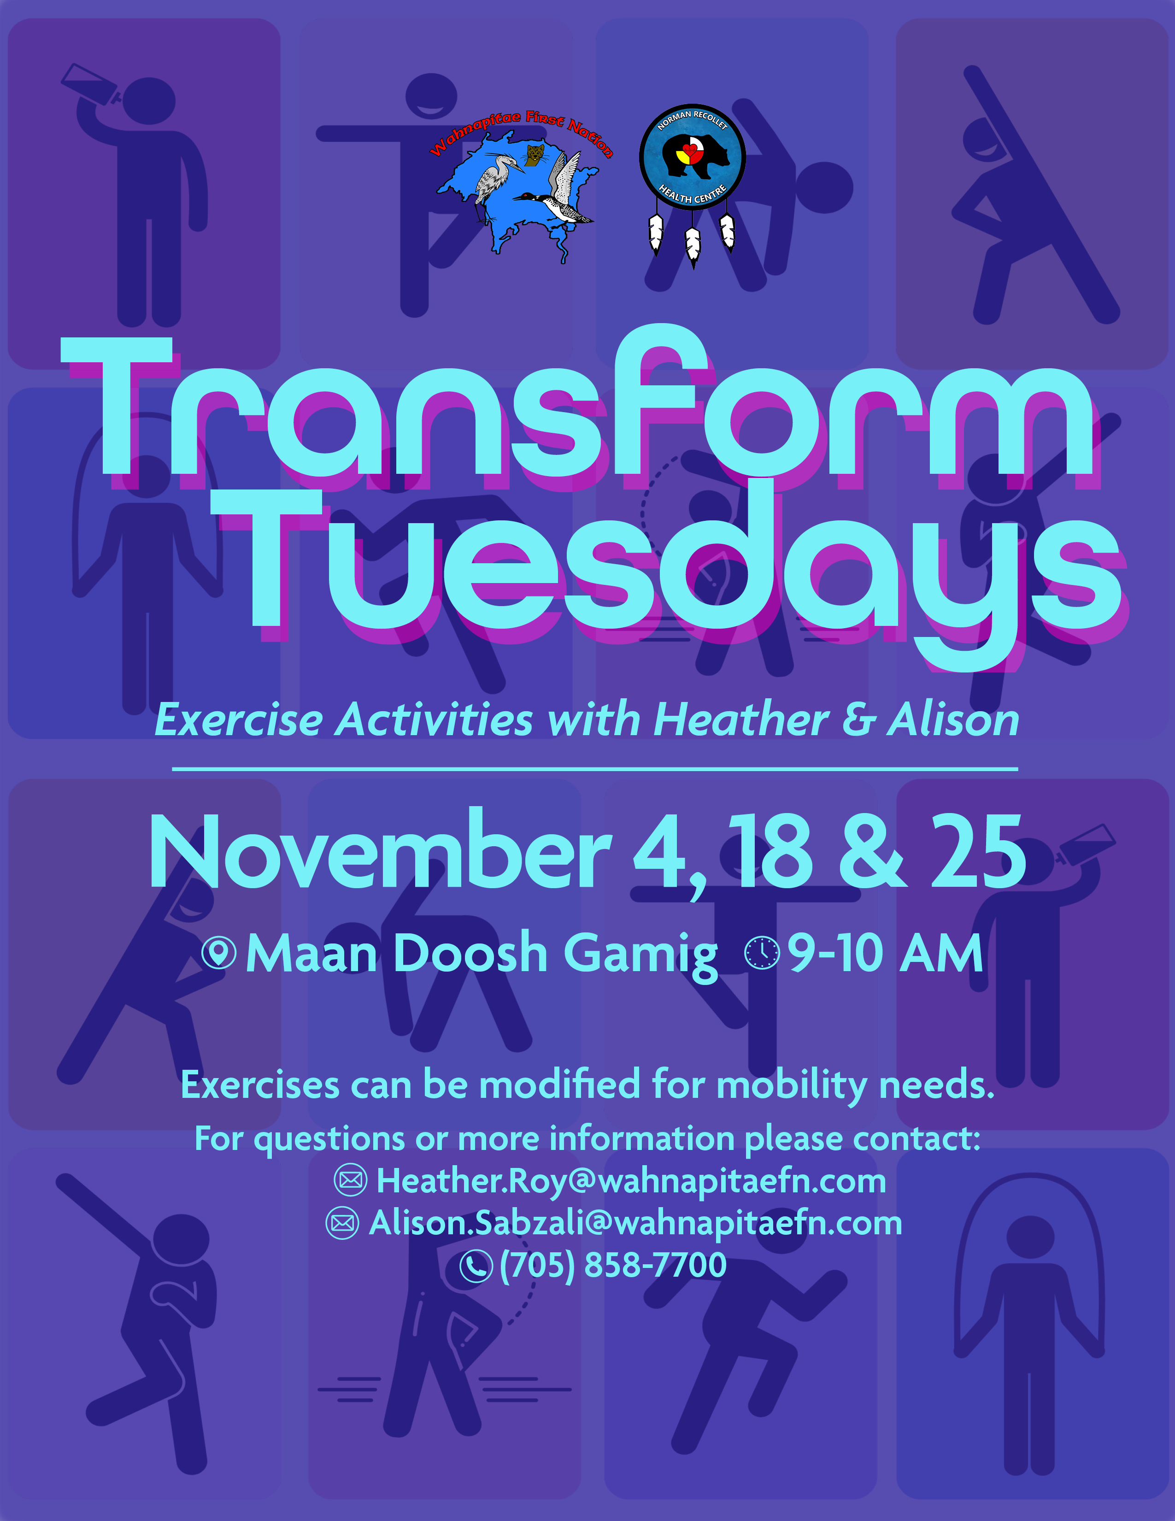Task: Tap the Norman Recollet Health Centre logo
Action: pos(692,157)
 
